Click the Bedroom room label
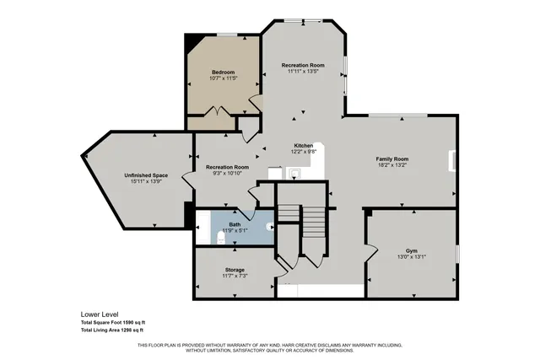tap(223, 73)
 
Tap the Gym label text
tap(411, 251)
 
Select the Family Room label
tap(392, 159)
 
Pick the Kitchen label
tap(303, 145)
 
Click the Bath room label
tap(235, 224)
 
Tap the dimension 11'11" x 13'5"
tap(303, 72)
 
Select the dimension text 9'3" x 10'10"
tap(228, 174)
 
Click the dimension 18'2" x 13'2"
tap(392, 166)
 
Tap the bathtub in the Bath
tap(203, 228)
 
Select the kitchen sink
tap(294, 175)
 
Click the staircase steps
tap(313, 224)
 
